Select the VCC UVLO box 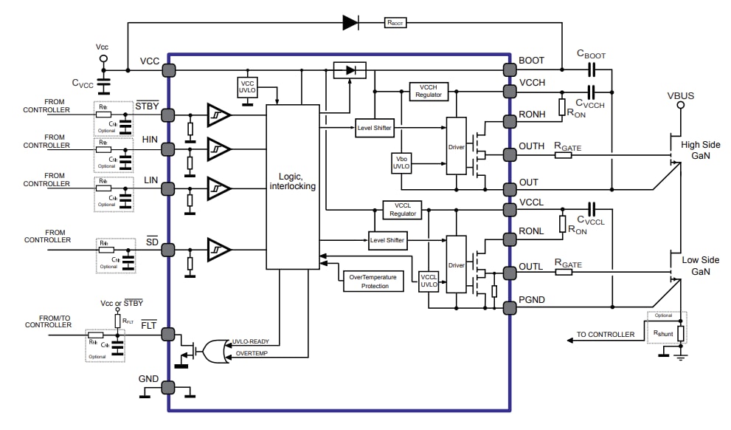click(x=248, y=88)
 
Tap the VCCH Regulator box click(x=429, y=91)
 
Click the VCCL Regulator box click(x=402, y=210)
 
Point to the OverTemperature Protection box click(x=373, y=281)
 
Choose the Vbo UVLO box click(x=402, y=163)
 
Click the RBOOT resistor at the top click(x=395, y=23)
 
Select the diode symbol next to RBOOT click(x=351, y=23)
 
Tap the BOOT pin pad click(x=509, y=70)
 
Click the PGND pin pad click(x=509, y=306)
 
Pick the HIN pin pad click(x=168, y=150)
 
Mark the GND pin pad click(x=168, y=387)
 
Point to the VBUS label click(x=680, y=96)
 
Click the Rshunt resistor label click(x=665, y=332)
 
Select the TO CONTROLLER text click(x=605, y=335)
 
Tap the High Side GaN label click(x=700, y=151)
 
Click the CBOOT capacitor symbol click(x=591, y=70)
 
